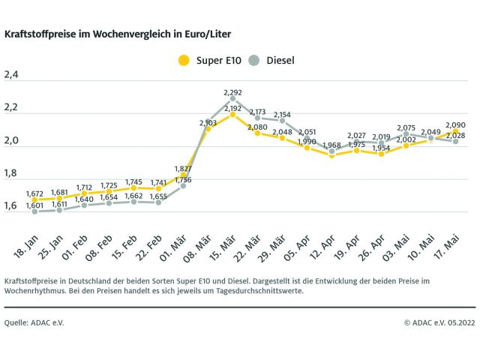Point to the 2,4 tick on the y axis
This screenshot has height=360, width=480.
(x=11, y=75)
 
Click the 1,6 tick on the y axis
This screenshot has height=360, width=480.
(x=11, y=205)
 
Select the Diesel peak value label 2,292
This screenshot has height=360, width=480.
(x=233, y=93)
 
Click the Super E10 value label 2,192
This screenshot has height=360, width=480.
(x=233, y=109)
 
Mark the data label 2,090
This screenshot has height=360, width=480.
(x=456, y=125)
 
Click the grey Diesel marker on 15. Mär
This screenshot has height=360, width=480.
(x=233, y=99)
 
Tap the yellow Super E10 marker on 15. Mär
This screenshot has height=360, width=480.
(x=233, y=115)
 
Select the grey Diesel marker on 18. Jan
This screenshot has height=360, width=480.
(x=35, y=211)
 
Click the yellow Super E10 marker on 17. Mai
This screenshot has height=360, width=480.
(x=456, y=131)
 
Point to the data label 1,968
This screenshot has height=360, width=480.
(x=332, y=145)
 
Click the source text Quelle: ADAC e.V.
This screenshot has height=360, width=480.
(x=34, y=322)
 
